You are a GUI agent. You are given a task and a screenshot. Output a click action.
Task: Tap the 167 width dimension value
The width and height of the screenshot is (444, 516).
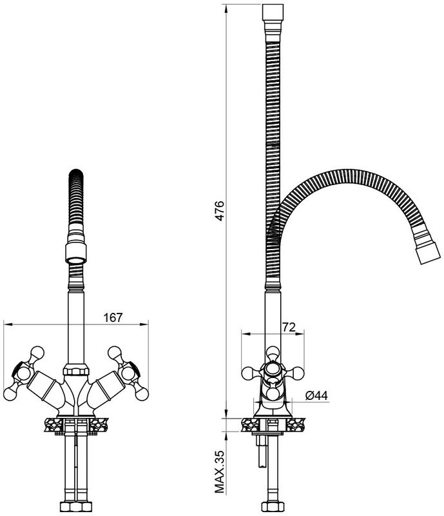[113, 317]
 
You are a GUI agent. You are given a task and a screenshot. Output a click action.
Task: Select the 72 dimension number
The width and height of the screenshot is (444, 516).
[289, 327]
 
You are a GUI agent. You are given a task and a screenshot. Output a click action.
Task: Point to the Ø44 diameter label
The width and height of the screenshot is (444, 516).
[316, 395]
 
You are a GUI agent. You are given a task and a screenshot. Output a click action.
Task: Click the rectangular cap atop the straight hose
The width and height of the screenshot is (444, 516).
[273, 12]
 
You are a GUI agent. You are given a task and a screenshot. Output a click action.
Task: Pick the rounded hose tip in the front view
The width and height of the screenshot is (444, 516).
[76, 174]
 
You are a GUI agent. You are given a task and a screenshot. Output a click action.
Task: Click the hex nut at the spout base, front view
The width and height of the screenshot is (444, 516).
[77, 369]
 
